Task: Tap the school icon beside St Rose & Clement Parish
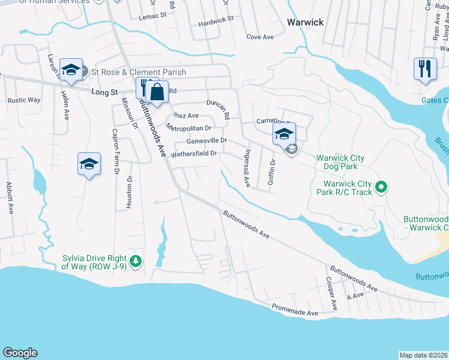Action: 71,70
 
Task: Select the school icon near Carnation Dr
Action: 284,134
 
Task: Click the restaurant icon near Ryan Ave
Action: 425,68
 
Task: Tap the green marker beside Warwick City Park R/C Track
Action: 381,188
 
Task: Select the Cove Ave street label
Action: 260,37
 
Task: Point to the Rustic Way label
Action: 24,100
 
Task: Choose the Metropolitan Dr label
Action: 189,127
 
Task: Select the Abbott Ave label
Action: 10,198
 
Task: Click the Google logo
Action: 20,353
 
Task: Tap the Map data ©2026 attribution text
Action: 423,355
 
